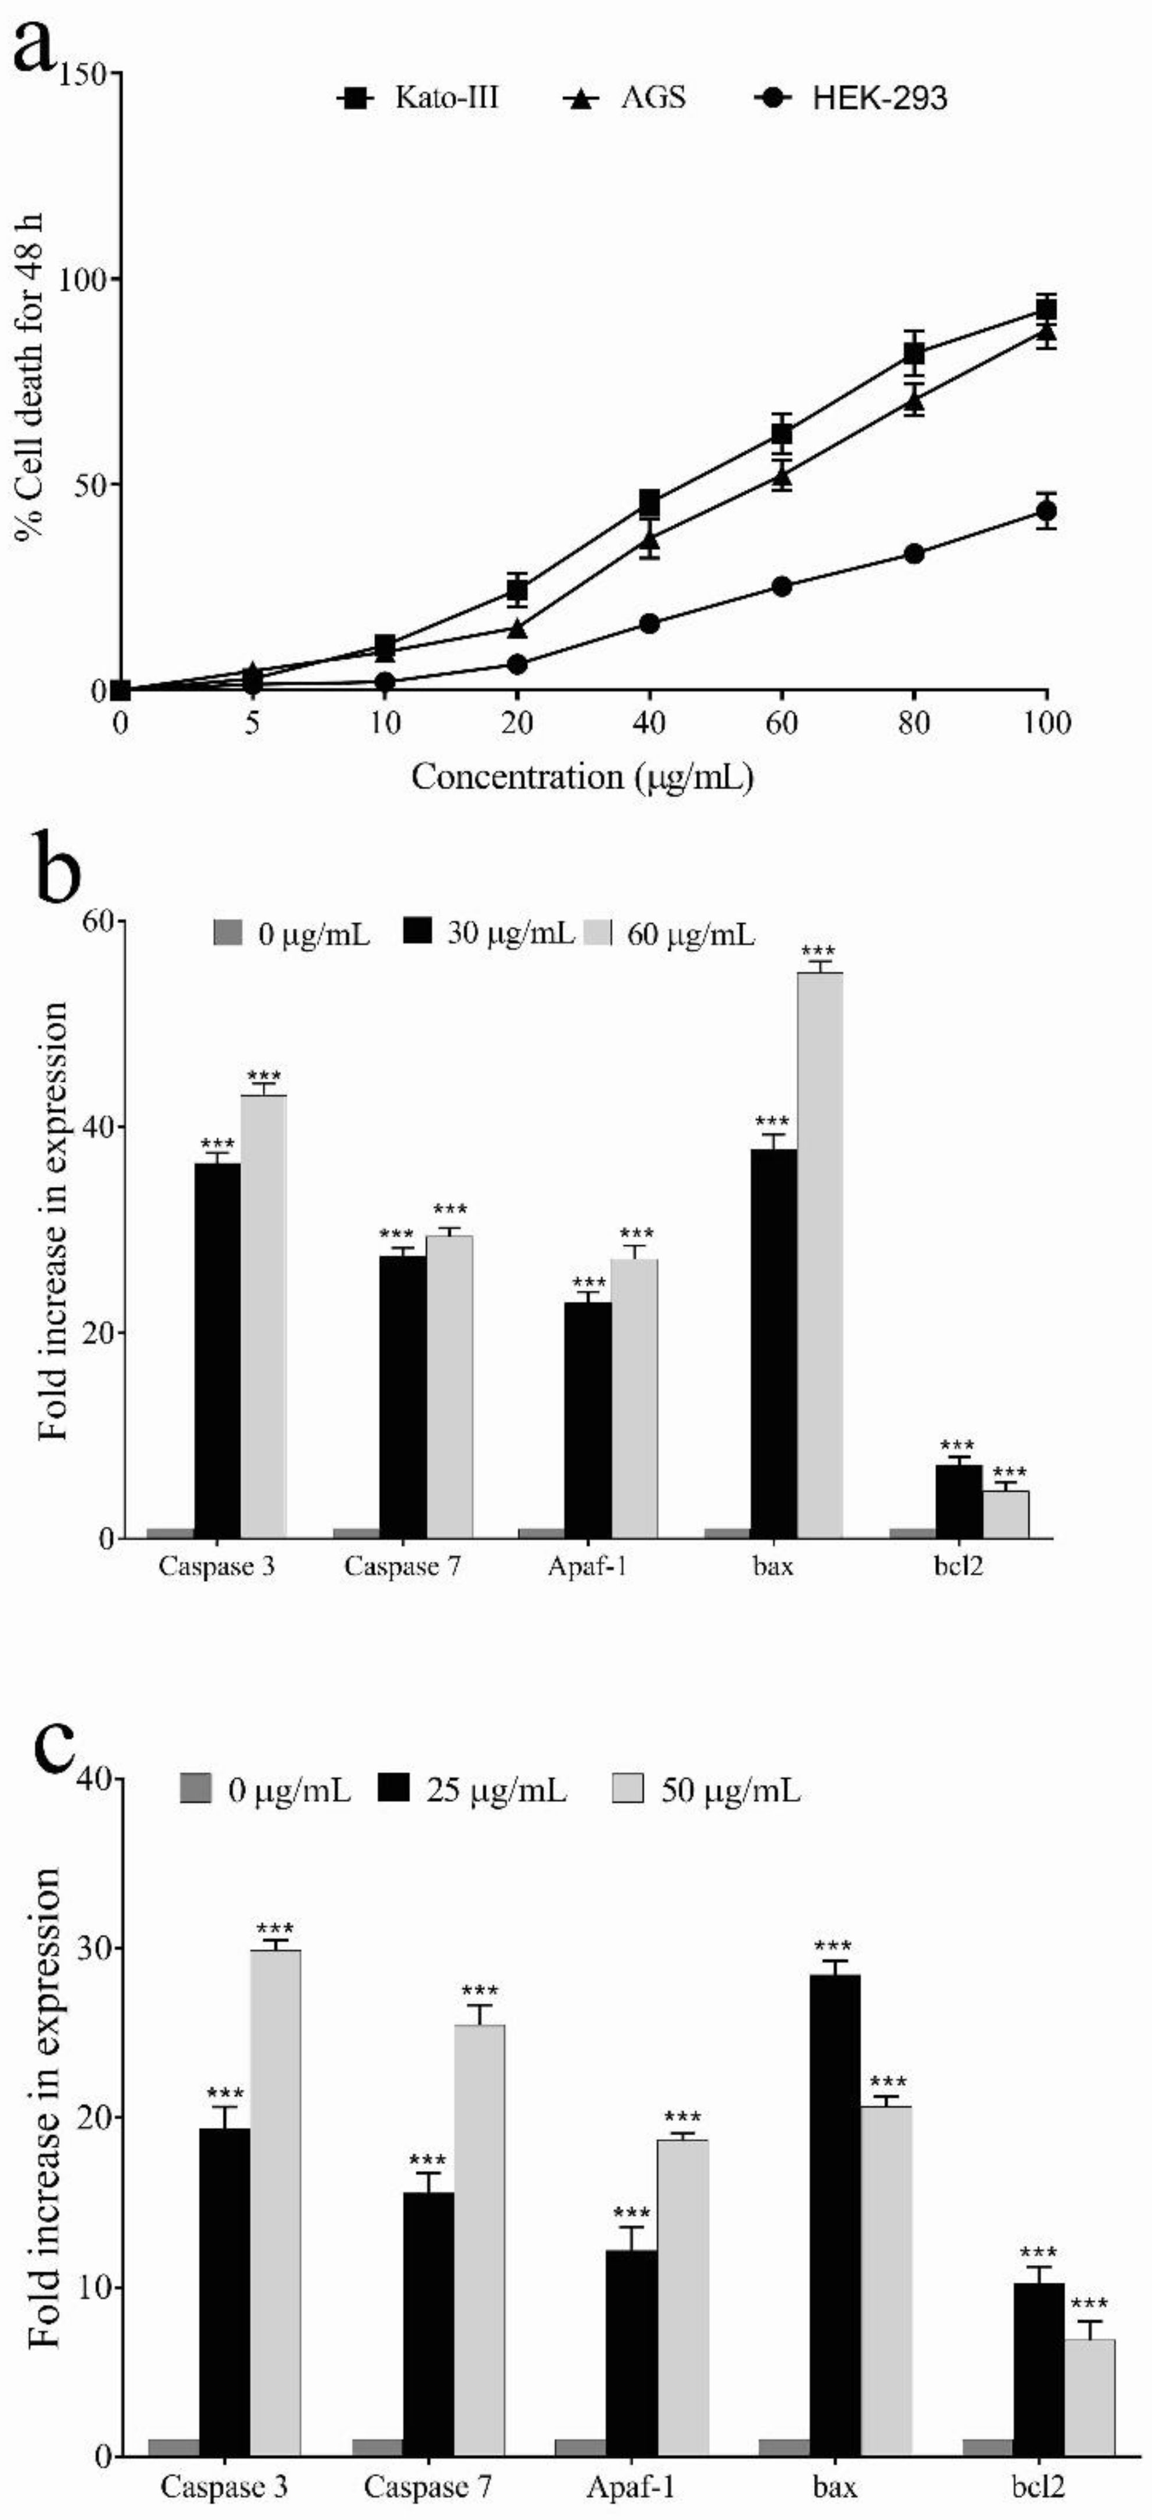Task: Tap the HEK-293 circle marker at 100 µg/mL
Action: point(1046,510)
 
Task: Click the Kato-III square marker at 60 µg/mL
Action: point(781,433)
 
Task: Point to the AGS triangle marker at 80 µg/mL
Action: point(914,399)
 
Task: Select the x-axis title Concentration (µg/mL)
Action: point(583,778)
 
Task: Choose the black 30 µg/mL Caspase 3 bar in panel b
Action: point(217,1350)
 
